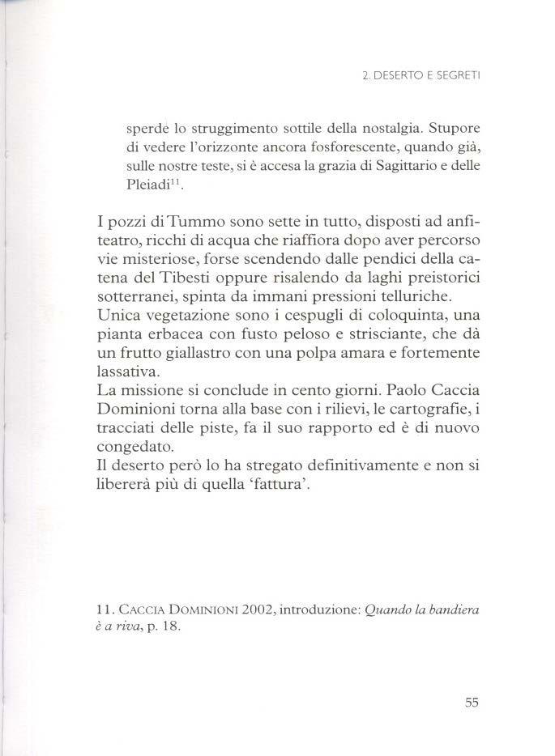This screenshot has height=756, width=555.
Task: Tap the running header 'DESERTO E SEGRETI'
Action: (432, 78)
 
